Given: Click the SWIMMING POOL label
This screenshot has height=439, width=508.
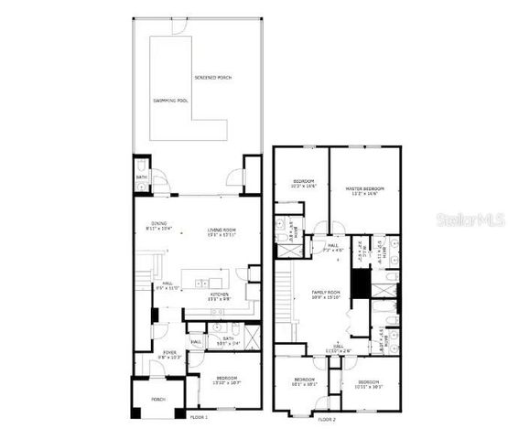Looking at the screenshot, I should (170, 100).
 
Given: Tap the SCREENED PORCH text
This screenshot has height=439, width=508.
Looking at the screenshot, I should (213, 78).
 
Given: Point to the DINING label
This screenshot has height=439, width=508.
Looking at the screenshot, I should (159, 224).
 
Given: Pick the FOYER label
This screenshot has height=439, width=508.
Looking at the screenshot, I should (170, 352).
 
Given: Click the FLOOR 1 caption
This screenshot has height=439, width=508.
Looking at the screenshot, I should (199, 417).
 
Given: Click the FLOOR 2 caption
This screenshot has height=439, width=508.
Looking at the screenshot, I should (327, 418).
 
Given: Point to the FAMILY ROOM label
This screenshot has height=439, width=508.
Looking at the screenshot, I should (327, 293).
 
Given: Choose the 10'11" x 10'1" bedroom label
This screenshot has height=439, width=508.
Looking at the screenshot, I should (368, 382).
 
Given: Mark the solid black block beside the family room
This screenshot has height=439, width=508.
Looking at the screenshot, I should (362, 285).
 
